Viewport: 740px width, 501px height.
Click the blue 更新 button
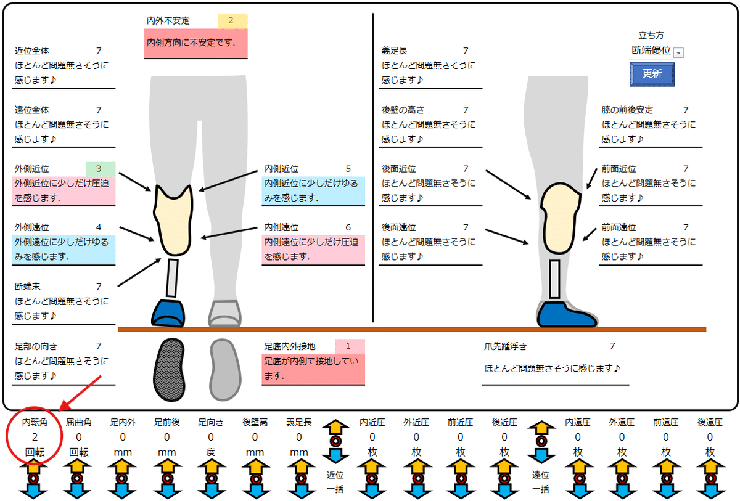pyautogui.click(x=652, y=73)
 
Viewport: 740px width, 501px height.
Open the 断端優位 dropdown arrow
pyautogui.click(x=679, y=53)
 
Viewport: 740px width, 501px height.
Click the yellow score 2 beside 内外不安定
pyautogui.click(x=231, y=20)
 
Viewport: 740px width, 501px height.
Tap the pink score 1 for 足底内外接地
pyautogui.click(x=349, y=346)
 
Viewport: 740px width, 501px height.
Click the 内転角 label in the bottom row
pyautogui.click(x=35, y=422)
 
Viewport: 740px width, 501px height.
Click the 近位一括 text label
pyautogui.click(x=336, y=481)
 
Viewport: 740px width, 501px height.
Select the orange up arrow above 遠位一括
pyautogui.click(x=541, y=428)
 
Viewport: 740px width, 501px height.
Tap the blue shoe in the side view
pyautogui.click(x=566, y=314)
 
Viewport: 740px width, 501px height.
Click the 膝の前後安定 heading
pyautogui.click(x=627, y=110)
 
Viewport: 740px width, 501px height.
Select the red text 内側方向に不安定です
pyautogui.click(x=191, y=43)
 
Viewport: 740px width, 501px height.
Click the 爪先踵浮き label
pyautogui.click(x=505, y=346)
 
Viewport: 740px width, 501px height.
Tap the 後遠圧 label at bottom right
pyautogui.click(x=710, y=422)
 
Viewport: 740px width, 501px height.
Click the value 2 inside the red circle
pyautogui.click(x=35, y=437)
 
